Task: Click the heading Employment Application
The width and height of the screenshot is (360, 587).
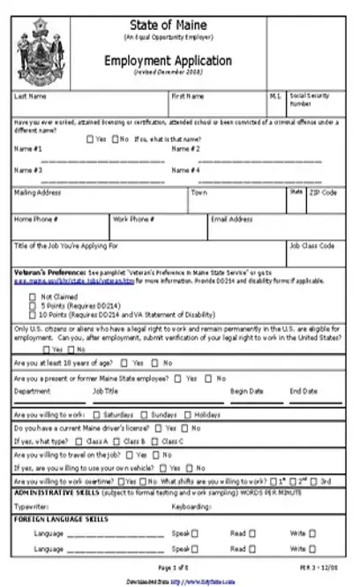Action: click(x=180, y=62)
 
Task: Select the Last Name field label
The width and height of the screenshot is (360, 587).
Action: click(x=27, y=95)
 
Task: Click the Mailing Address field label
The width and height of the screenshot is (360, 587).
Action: click(x=37, y=192)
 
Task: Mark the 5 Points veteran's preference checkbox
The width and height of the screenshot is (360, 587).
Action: click(x=34, y=305)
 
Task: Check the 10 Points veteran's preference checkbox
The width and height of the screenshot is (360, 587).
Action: click(x=34, y=313)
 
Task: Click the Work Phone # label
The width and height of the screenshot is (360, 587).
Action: click(x=133, y=219)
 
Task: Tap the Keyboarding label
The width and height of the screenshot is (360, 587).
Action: click(x=191, y=507)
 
